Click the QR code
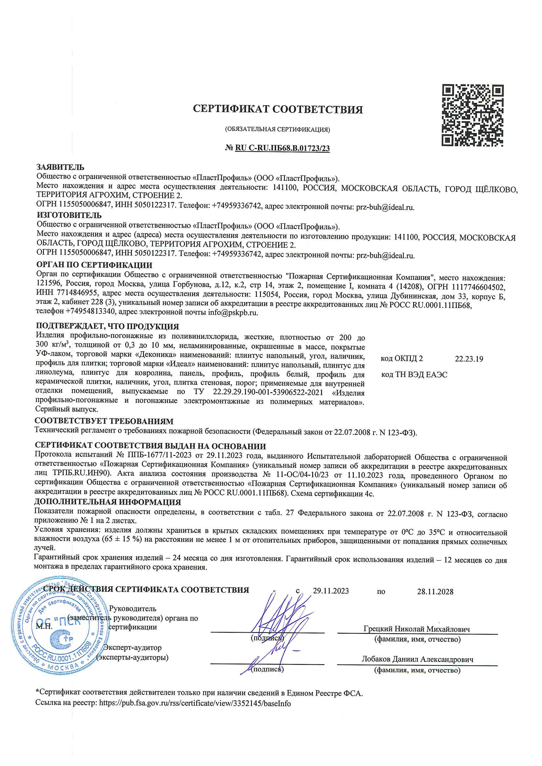pos(472,115)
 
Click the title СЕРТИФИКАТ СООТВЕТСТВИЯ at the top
pos(277,109)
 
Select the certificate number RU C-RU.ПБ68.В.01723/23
pos(282,148)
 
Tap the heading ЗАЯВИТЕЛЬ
pos(60,167)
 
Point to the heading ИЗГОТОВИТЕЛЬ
pos(69,215)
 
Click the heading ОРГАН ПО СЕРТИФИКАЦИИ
pos(94,265)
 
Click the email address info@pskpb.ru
pos(233,313)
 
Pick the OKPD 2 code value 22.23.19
pos(469,359)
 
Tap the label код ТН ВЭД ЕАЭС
pos(414,375)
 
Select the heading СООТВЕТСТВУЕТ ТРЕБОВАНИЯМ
pos(104,421)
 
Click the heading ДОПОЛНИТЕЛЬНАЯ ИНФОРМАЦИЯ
pos(108,502)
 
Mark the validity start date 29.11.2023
pos(331,591)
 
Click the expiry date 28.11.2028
pos(435,592)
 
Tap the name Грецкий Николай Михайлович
pos(417,629)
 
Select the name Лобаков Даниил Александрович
pos(417,659)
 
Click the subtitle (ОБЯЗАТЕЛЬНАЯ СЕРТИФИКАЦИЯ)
pos(277,129)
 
